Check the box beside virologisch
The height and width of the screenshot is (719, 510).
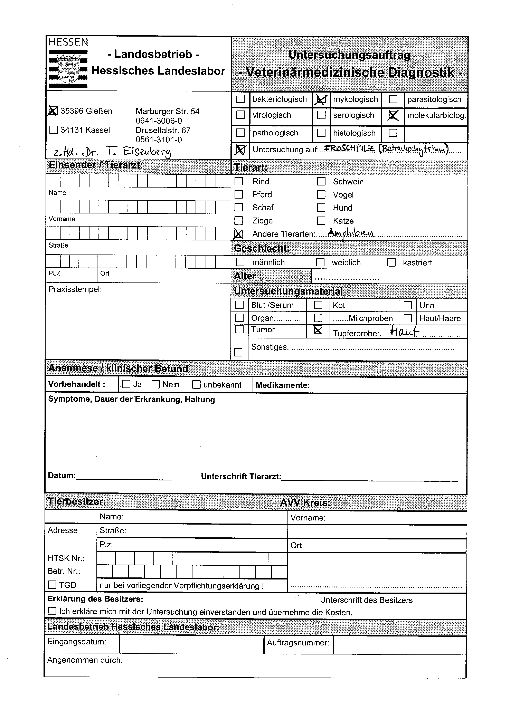point(240,115)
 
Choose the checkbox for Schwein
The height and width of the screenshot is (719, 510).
point(321,181)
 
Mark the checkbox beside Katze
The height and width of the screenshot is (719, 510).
point(321,221)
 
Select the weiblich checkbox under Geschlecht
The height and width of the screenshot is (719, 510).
point(320,262)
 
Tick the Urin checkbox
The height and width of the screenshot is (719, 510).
point(408,305)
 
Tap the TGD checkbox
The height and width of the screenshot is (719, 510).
point(52,585)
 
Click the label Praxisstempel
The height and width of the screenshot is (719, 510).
point(75,289)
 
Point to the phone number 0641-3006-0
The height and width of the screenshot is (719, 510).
point(159,121)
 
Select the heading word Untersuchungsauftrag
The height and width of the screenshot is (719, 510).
point(349,55)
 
